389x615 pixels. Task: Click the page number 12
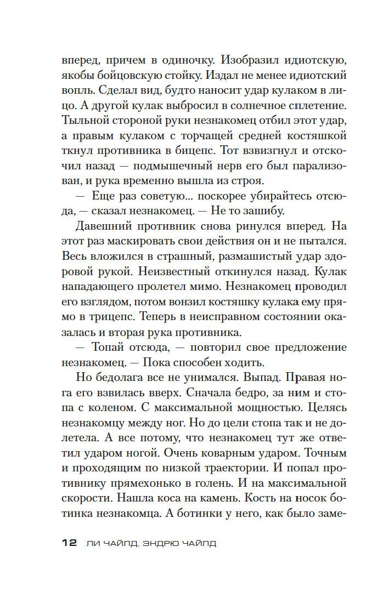point(69,543)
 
